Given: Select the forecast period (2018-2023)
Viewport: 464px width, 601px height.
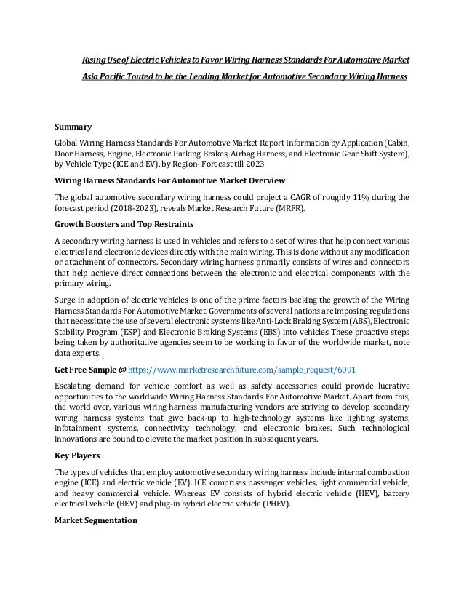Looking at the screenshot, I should click(134, 210).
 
